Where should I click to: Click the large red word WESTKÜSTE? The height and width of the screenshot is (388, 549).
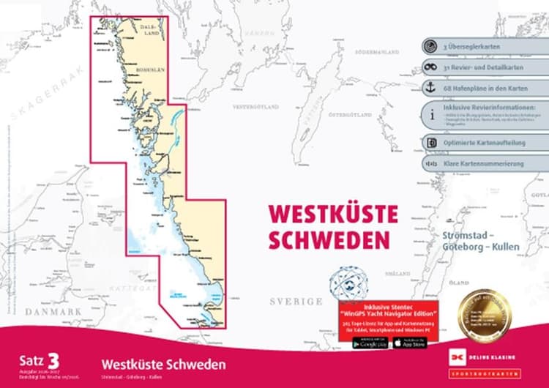coord(333,214)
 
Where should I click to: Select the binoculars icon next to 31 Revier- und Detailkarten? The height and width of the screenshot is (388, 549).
coord(431,67)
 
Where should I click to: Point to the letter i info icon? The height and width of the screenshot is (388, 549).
coord(431,114)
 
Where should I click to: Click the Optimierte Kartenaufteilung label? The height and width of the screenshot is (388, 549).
coord(480,142)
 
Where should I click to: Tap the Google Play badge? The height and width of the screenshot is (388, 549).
coord(370,343)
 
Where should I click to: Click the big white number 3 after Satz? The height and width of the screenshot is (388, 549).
coord(53,359)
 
